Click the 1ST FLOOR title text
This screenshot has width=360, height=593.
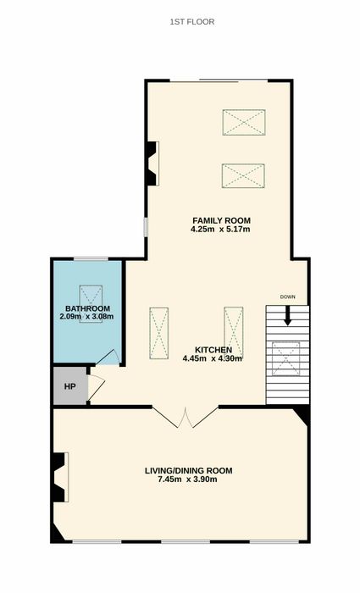coord(192,22)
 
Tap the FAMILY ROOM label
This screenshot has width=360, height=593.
coord(221,220)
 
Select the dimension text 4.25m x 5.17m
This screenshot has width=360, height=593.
coord(220,229)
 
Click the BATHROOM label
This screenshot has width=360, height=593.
coord(87,308)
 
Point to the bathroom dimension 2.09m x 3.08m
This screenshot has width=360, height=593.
coord(86,317)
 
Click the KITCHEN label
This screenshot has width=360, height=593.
coord(213,350)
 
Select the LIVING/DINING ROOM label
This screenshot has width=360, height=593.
coord(188,471)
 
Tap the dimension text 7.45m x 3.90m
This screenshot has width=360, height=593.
coord(187,479)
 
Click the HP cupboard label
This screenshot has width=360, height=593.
coord(69,386)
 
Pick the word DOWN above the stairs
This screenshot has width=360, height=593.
coord(287,296)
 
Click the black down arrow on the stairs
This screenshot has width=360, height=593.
coord(287,315)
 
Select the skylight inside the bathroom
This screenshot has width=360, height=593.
coord(91,303)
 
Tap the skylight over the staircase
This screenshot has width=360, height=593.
coord(286,359)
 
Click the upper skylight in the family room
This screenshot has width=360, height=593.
coord(244,122)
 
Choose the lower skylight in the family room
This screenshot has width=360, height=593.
coord(243,176)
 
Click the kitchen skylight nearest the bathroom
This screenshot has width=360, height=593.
coord(159,333)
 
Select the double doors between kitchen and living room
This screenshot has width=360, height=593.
coord(186,418)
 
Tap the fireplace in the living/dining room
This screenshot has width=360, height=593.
coord(60,477)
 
